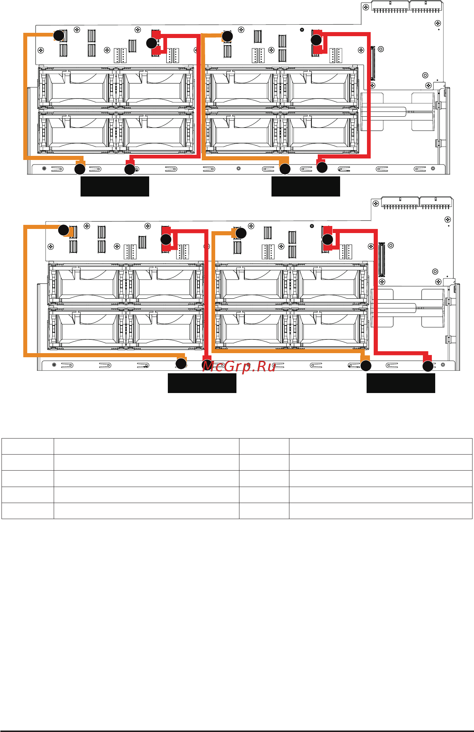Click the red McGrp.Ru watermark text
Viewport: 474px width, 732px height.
(x=239, y=367)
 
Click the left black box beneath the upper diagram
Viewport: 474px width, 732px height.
(x=115, y=186)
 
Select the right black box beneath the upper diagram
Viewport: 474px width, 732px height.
(x=305, y=186)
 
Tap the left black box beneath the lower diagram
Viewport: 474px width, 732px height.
(x=202, y=383)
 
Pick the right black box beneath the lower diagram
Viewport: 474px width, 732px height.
(x=401, y=383)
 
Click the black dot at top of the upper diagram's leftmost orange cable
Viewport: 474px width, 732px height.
(x=59, y=35)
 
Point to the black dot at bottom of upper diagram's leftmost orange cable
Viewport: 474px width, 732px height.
(x=80, y=169)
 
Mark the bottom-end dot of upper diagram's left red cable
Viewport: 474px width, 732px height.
(x=130, y=170)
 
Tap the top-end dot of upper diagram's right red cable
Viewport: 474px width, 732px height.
(x=316, y=40)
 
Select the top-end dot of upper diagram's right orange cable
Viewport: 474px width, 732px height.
(x=227, y=36)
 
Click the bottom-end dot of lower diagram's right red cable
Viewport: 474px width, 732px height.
(x=428, y=366)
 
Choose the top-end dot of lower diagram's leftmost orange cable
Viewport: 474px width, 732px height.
(x=64, y=230)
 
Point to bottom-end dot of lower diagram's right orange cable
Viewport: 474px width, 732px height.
(x=366, y=366)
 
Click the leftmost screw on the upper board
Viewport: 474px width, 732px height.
(x=41, y=50)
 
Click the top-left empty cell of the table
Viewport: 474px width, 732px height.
(x=28, y=446)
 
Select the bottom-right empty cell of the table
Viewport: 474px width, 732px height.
(x=380, y=510)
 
